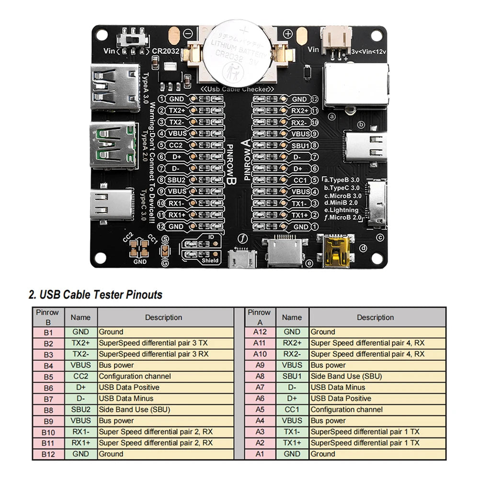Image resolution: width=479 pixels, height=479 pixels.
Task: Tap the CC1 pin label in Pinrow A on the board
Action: [300, 180]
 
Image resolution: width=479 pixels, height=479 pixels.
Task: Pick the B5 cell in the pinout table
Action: [48, 376]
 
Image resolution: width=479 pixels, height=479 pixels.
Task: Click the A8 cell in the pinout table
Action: [260, 376]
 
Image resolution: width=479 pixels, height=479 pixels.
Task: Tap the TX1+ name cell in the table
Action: [292, 443]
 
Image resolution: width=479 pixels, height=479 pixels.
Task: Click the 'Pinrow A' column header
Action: [260, 317]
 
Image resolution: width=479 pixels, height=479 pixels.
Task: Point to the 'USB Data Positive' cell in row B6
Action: [129, 388]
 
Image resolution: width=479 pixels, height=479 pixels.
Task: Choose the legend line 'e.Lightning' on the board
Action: [341, 210]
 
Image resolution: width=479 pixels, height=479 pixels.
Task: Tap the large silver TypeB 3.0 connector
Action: [354, 84]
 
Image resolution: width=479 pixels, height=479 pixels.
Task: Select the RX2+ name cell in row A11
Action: [292, 343]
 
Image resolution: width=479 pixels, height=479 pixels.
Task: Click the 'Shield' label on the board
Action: [210, 261]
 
